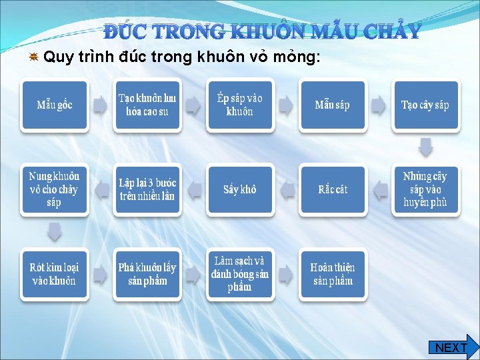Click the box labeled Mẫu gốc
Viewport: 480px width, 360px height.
(55, 105)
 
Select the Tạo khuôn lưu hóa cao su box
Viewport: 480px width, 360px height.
(147, 105)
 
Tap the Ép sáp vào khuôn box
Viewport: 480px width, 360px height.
(240, 105)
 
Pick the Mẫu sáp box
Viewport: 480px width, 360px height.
(333, 105)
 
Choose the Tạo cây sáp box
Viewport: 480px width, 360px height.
(425, 105)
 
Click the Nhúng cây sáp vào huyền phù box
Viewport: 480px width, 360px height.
(425, 189)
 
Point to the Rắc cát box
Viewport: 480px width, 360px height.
(333, 189)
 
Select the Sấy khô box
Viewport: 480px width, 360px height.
(240, 189)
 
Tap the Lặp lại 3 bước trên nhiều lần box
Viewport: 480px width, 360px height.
(147, 189)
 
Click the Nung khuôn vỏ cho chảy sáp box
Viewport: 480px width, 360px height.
(55, 189)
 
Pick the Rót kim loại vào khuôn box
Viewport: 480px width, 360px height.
(55, 274)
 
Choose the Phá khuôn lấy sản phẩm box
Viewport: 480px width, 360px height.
(147, 274)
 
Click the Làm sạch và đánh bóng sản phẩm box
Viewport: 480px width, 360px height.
(240, 274)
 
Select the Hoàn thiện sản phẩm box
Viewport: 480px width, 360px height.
(333, 274)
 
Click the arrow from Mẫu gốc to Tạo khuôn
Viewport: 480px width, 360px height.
(101, 105)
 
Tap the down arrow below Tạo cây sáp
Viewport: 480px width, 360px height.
(425, 147)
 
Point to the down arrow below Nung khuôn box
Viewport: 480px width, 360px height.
(55, 231)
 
